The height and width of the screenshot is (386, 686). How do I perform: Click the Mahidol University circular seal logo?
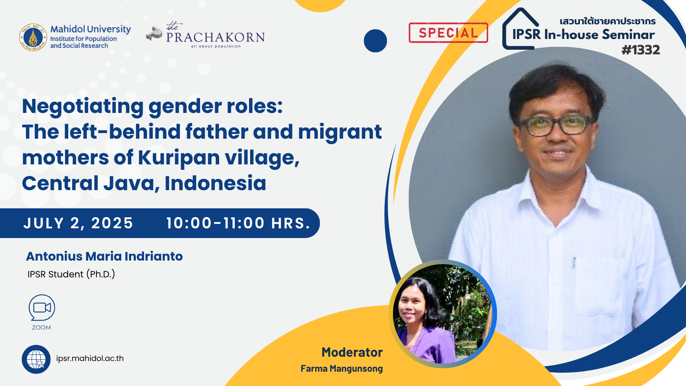[33, 37]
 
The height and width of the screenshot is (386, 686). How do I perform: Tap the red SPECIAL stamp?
[448, 33]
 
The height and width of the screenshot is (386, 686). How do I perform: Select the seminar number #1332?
[641, 50]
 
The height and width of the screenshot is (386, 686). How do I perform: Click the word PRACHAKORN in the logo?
[215, 37]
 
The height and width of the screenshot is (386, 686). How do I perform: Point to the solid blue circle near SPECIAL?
[375, 41]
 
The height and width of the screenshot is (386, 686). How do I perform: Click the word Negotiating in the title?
[83, 107]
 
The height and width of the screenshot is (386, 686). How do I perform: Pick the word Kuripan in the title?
[179, 158]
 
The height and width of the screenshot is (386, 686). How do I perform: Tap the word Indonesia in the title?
[215, 183]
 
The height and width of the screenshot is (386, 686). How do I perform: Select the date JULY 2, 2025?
[78, 223]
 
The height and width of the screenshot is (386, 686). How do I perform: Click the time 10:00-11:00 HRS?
[238, 223]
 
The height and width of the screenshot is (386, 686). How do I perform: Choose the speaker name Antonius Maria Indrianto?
[104, 256]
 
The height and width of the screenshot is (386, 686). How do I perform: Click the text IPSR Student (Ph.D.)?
[71, 274]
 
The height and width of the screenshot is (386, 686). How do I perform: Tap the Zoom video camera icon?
[42, 308]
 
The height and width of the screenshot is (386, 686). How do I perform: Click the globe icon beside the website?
[36, 359]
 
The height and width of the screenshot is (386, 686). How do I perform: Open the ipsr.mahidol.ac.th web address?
[90, 358]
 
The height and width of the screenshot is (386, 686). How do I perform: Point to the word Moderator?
[352, 352]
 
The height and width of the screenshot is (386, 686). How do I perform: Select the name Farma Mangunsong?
[342, 368]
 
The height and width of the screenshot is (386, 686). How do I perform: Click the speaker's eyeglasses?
[556, 125]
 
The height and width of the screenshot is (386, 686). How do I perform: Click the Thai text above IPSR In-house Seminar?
[608, 21]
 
